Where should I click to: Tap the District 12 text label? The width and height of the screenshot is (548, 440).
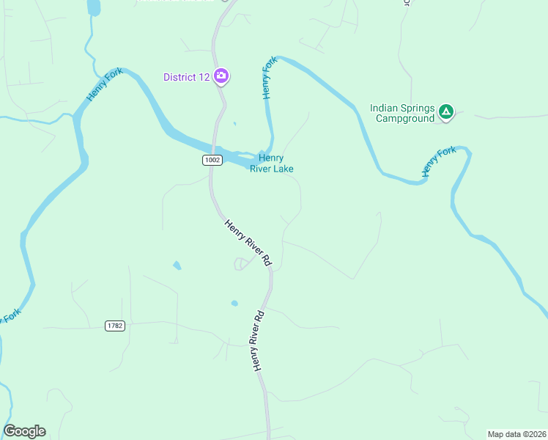(186, 77)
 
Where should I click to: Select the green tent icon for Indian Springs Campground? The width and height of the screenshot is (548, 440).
(446, 112)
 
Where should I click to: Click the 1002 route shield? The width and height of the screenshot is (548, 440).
(211, 159)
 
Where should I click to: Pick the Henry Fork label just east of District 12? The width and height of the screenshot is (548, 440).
(269, 77)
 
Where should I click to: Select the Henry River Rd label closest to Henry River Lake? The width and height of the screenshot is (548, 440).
(248, 243)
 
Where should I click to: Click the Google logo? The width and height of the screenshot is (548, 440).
(24, 431)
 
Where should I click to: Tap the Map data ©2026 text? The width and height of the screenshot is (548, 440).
(516, 434)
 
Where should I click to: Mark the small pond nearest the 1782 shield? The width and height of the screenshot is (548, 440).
(177, 265)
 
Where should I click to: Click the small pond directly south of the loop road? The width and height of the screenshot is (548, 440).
(234, 303)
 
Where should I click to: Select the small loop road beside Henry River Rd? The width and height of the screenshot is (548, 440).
(240, 264)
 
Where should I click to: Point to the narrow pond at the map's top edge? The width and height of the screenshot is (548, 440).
(93, 7)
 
